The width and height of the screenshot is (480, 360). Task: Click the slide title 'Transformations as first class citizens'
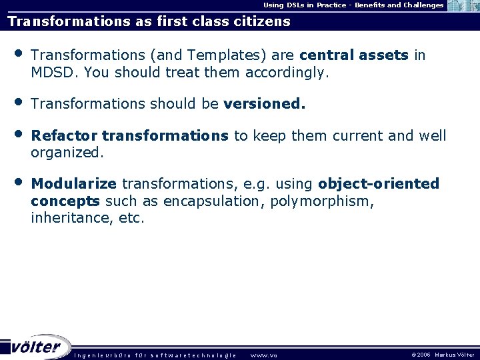click(x=149, y=21)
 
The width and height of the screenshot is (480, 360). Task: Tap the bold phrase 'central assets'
click(x=354, y=55)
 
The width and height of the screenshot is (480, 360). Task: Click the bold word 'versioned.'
click(x=265, y=104)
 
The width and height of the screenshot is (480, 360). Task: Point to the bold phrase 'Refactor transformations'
click(x=130, y=136)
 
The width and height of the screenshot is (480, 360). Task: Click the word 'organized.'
click(x=67, y=153)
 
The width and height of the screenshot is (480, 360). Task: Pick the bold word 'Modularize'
click(x=74, y=184)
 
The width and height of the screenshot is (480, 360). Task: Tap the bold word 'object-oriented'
click(x=379, y=184)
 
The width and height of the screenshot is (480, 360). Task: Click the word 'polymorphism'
click(x=321, y=201)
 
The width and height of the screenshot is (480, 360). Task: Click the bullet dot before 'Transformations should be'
click(x=19, y=103)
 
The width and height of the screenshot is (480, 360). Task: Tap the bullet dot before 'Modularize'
click(x=19, y=182)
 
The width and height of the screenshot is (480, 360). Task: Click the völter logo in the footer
click(x=37, y=347)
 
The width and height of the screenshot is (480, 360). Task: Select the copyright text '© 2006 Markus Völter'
click(x=443, y=355)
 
